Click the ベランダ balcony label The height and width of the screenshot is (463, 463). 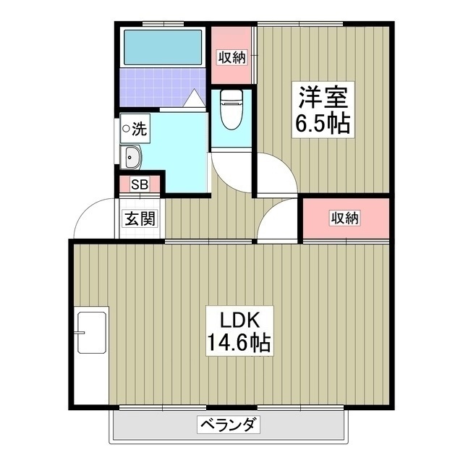(229, 425)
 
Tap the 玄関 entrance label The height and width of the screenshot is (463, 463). (138, 218)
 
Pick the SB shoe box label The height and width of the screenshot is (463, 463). (139, 184)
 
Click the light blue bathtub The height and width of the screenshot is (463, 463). (162, 46)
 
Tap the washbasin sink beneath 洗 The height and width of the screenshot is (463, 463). (134, 156)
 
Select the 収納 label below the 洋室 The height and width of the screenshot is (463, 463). (345, 218)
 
